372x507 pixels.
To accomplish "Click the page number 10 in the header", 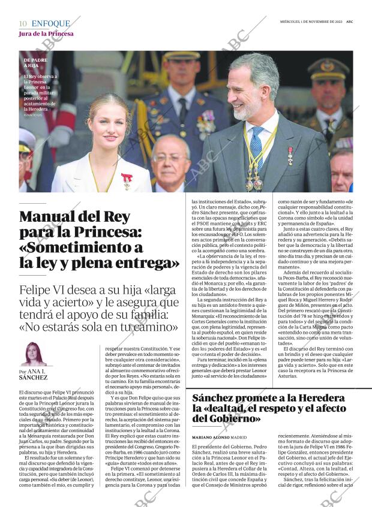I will (x=22, y=23).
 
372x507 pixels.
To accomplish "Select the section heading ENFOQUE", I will (x=50, y=23).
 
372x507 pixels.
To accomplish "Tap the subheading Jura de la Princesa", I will (x=46, y=34).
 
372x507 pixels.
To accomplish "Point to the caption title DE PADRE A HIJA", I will (x=35, y=64).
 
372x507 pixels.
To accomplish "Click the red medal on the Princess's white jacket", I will (x=127, y=179).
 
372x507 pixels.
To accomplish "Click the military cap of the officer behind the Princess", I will (x=182, y=55).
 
